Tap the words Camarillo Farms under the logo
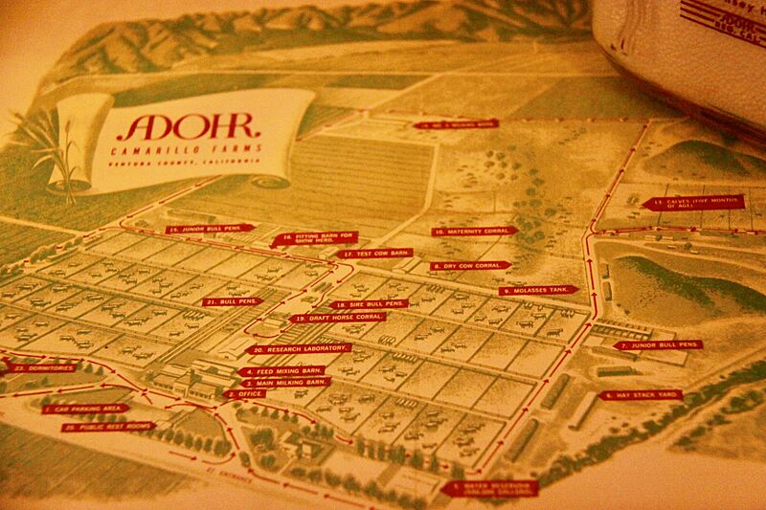pos(181,152)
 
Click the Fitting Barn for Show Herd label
pos(317,239)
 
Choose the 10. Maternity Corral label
pos(472,232)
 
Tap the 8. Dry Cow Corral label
pos(470,266)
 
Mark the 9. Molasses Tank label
pos(540,290)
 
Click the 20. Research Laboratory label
pos(298,349)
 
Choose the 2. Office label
pos(246,393)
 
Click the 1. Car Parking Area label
pos(84,409)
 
